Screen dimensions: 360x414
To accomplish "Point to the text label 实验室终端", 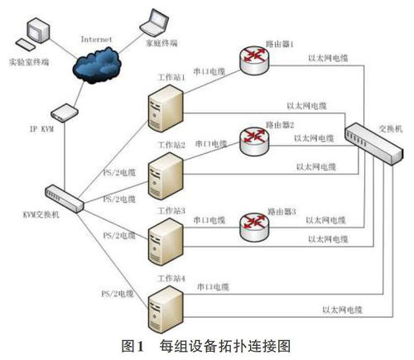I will pos(30,62).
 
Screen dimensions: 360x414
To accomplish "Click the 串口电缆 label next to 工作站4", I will pos(213,286).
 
